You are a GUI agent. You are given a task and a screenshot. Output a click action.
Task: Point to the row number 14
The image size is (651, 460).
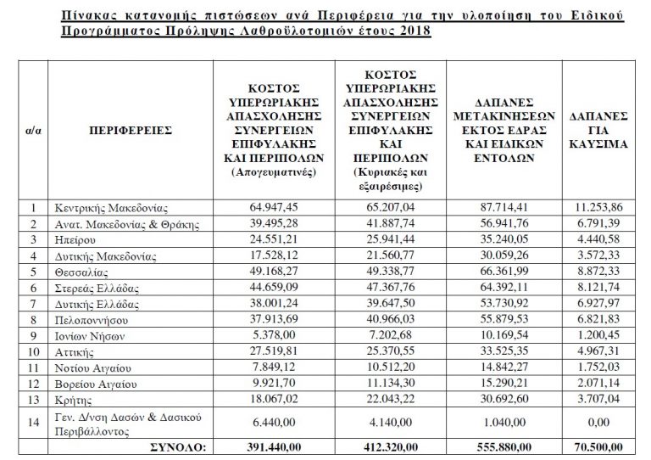pos(34,420)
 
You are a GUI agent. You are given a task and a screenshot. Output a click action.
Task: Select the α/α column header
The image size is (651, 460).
pos(34,132)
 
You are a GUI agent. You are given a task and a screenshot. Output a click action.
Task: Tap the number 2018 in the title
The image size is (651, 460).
pos(411,31)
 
